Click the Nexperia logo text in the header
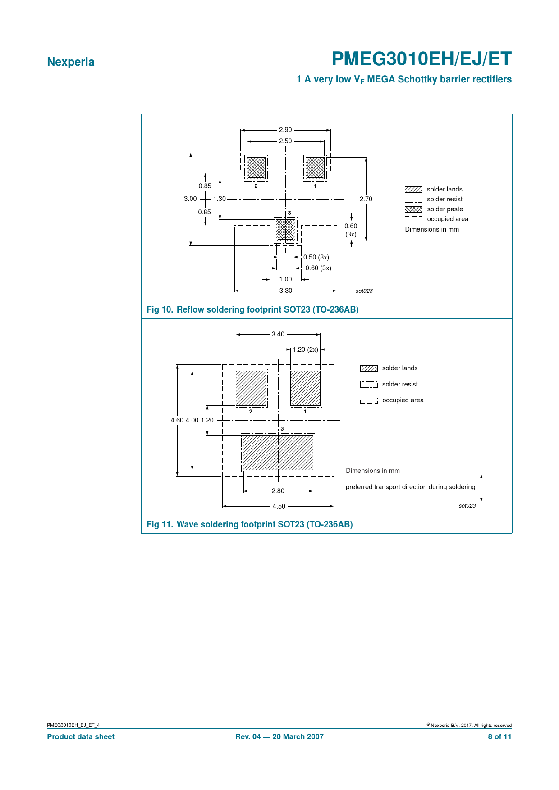tap(71, 62)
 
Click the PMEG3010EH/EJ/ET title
tap(422, 59)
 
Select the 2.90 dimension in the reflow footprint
tap(285, 130)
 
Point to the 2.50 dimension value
tap(285, 141)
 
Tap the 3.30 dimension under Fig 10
tap(286, 291)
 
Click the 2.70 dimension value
tap(366, 199)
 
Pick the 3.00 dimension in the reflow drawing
tap(190, 199)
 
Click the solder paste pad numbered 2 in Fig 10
tap(256, 168)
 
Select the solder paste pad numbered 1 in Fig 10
tap(315, 168)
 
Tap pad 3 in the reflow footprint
tap(285, 230)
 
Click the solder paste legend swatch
tap(413, 209)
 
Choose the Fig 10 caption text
tap(252, 309)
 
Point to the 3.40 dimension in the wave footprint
tap(278, 334)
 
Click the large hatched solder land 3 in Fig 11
tap(278, 453)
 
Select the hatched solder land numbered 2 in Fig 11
tap(251, 388)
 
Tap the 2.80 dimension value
tap(278, 491)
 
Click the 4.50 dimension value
tap(279, 506)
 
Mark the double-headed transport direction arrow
tap(481, 488)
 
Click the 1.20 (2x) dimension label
tap(305, 350)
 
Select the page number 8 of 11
tap(499, 736)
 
